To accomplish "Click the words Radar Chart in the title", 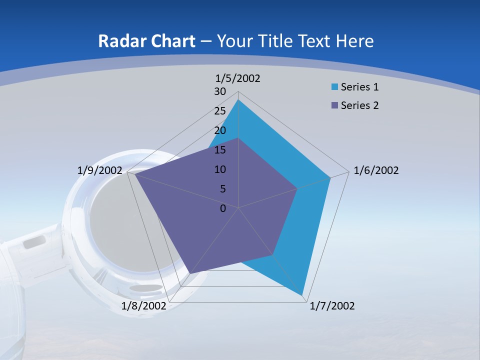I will (x=147, y=41).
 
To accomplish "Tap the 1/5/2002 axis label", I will (x=238, y=78).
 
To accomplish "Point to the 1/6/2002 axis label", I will (x=376, y=170).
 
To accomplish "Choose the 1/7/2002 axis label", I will (x=332, y=306).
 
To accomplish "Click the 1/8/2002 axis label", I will (x=143, y=306).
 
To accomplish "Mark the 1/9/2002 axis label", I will (x=100, y=170).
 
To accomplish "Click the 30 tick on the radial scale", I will (x=220, y=91).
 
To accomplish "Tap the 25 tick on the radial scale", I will (x=220, y=111).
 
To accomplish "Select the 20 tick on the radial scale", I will (x=220, y=130).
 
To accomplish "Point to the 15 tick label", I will (x=220, y=150).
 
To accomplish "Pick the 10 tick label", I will (x=220, y=169).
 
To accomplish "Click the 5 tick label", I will (x=222, y=189).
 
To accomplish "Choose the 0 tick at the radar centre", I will (x=223, y=208).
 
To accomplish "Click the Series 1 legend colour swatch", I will (x=334, y=87).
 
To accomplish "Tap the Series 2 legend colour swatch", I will (x=334, y=105).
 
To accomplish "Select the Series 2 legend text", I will (x=359, y=105).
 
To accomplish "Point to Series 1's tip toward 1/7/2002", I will (x=302, y=294).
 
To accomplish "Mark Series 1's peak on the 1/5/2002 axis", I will (x=238, y=100).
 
